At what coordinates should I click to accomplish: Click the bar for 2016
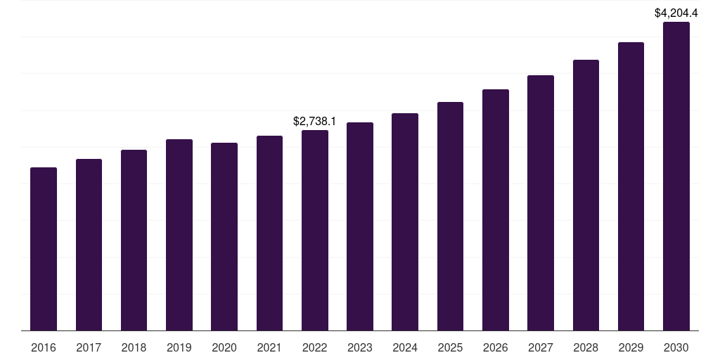pyautogui.click(x=44, y=249)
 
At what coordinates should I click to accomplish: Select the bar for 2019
pyautogui.click(x=179, y=235)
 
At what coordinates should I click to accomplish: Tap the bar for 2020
pyautogui.click(x=224, y=237)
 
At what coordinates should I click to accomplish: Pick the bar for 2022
pyautogui.click(x=315, y=231)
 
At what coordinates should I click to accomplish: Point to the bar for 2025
pyautogui.click(x=450, y=217)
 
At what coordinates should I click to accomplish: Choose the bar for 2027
pyautogui.click(x=541, y=203)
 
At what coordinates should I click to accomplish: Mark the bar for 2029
pyautogui.click(x=631, y=186)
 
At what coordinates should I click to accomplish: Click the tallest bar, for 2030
pyautogui.click(x=676, y=176)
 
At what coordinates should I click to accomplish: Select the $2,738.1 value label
pyautogui.click(x=314, y=122)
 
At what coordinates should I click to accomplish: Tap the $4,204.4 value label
pyautogui.click(x=676, y=13)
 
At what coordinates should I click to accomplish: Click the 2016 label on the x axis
pyautogui.click(x=44, y=347)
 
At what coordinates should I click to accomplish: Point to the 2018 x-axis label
pyautogui.click(x=134, y=347)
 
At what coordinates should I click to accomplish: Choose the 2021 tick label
pyautogui.click(x=269, y=347)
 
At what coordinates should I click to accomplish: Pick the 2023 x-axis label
pyautogui.click(x=360, y=347)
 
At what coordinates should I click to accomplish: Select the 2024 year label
pyautogui.click(x=405, y=347)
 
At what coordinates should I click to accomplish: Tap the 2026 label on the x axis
pyautogui.click(x=496, y=347)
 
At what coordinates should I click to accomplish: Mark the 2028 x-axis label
pyautogui.click(x=586, y=347)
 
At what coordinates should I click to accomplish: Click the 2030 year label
pyautogui.click(x=676, y=347)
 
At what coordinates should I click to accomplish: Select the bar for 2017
pyautogui.click(x=89, y=245)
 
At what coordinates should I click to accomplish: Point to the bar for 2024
pyautogui.click(x=405, y=222)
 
